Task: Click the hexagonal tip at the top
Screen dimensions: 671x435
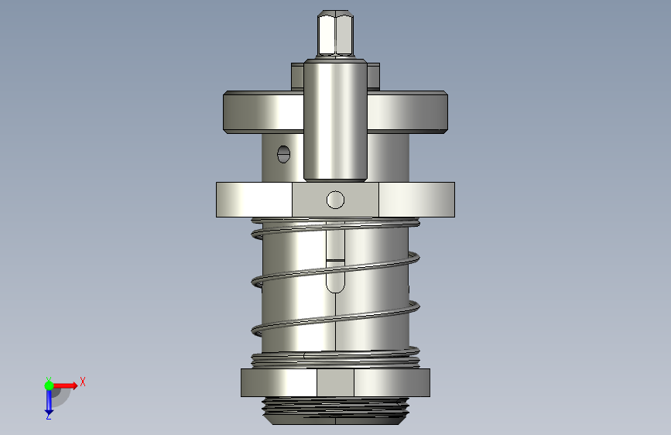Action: click(336, 34)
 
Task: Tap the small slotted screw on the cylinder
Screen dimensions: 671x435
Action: click(284, 154)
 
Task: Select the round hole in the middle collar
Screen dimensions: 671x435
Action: click(335, 200)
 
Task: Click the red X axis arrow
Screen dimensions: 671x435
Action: click(65, 385)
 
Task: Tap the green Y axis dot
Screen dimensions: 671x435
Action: click(50, 385)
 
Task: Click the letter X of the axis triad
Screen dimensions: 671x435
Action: click(83, 382)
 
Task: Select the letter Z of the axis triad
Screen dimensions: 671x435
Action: click(49, 416)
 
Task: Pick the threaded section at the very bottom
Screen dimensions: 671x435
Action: click(336, 410)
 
